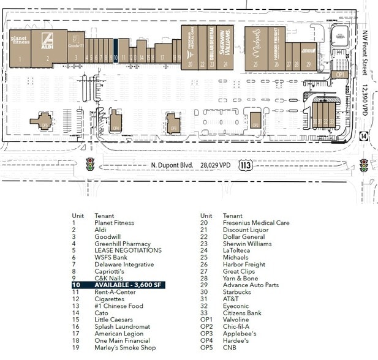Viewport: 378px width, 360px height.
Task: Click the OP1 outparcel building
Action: pos(340,74)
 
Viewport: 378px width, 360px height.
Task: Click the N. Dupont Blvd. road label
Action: pos(172,165)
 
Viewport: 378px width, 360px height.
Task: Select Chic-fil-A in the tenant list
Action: pos(236,326)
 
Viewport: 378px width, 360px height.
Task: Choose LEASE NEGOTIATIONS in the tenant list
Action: pos(127,250)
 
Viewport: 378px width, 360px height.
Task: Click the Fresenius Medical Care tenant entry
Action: pos(255,223)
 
